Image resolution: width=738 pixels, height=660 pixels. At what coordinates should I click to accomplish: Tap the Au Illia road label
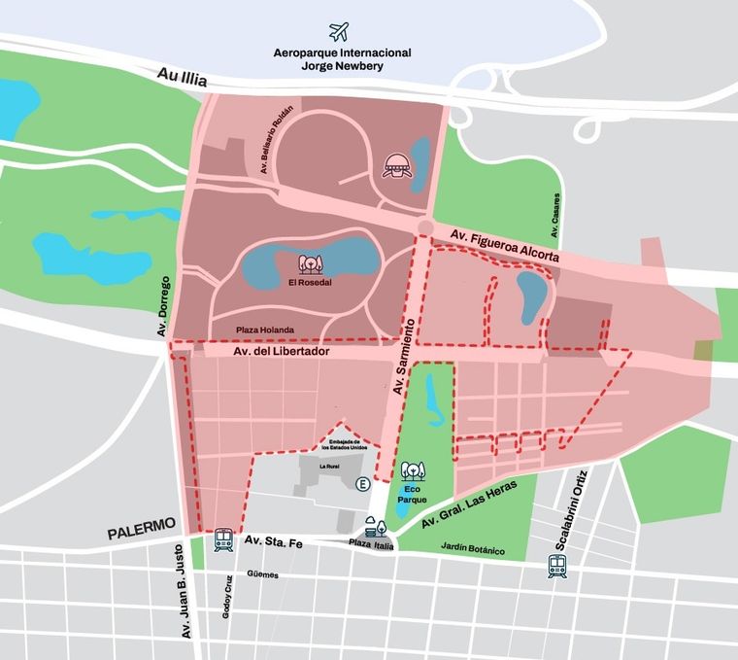pyautogui.click(x=182, y=78)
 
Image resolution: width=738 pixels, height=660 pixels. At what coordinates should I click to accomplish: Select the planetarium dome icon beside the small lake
pyautogui.click(x=397, y=166)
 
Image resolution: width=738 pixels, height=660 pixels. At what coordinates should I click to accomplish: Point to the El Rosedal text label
pyautogui.click(x=310, y=283)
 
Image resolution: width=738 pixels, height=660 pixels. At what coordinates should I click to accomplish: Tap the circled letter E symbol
pyautogui.click(x=362, y=484)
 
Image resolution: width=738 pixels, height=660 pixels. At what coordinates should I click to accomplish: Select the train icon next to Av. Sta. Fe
pyautogui.click(x=223, y=540)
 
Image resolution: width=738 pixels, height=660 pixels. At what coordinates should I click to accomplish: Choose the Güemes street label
pyautogui.click(x=262, y=574)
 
